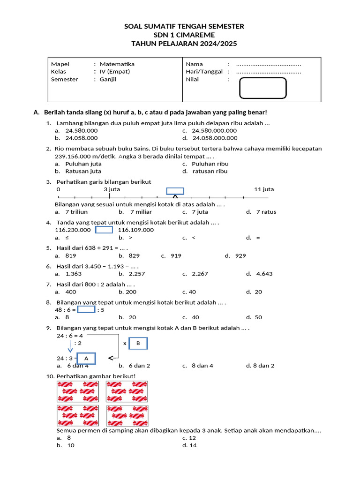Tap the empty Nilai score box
(x=262, y=88)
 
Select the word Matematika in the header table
(x=117, y=64)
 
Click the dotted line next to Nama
(x=268, y=64)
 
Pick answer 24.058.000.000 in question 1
(x=215, y=138)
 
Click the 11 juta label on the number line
(x=264, y=189)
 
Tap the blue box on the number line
(x=175, y=191)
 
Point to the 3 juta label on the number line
(x=112, y=189)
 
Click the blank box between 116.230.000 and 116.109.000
(x=104, y=230)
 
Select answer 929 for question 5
(x=240, y=256)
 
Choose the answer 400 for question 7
(x=71, y=292)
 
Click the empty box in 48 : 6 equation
(x=86, y=309)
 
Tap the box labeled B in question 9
(x=138, y=344)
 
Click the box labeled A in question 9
(x=86, y=359)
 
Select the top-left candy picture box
(x=77, y=391)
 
